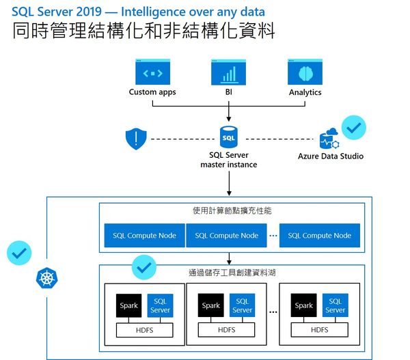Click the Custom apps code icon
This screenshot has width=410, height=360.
coord(152,72)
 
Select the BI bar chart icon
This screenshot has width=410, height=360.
coord(228,72)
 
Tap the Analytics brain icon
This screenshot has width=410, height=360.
coord(305,72)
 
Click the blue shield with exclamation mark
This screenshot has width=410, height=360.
coord(136,139)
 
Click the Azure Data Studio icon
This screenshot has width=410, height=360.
coord(329,139)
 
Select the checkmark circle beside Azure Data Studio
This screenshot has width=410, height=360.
coord(354,126)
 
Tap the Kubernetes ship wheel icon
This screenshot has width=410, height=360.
coord(46,279)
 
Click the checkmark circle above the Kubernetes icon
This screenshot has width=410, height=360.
coord(19,253)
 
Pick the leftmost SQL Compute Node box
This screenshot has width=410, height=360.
coord(144,236)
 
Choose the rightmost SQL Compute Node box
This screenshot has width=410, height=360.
coord(319,236)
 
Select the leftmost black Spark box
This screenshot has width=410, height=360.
coord(128,305)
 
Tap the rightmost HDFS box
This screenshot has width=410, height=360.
coord(319,329)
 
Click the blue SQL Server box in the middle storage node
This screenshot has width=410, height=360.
coord(242,305)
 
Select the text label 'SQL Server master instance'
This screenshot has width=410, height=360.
coord(228,160)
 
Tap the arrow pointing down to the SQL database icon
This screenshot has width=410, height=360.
coord(228,115)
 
